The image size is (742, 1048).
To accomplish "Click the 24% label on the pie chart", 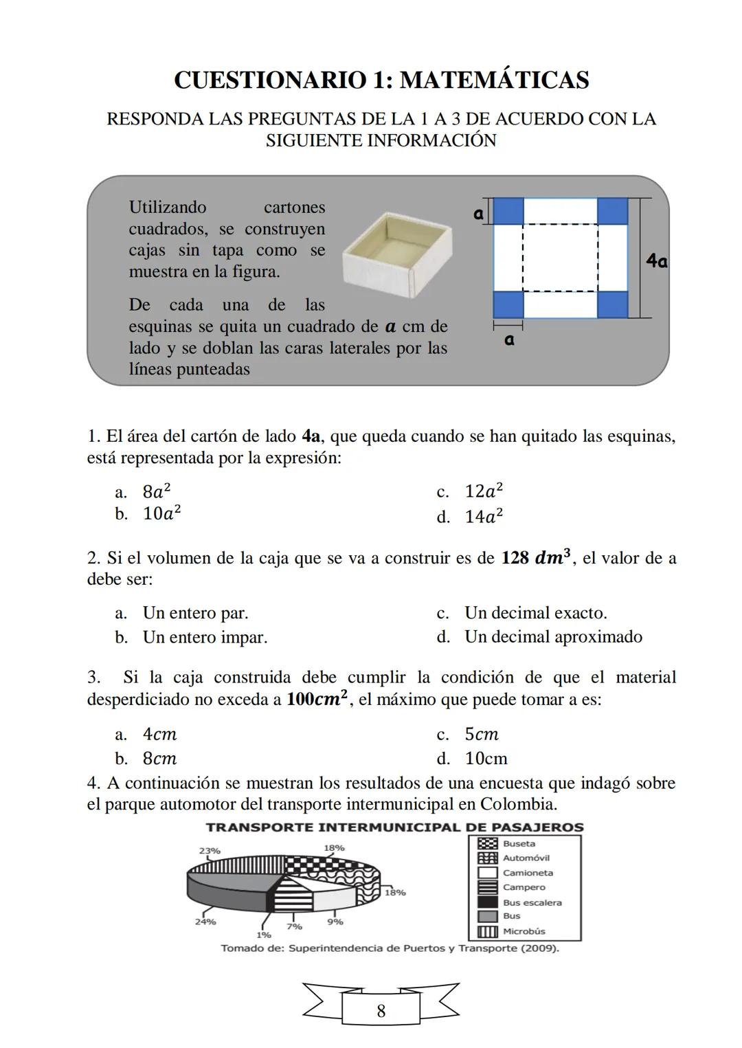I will click(x=205, y=922).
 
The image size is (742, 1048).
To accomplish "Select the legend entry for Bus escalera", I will click(x=532, y=902).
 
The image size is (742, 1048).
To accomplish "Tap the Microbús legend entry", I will click(x=524, y=931).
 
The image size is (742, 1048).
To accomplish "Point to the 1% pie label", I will click(x=263, y=935).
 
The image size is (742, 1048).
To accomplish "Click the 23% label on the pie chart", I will click(x=210, y=851).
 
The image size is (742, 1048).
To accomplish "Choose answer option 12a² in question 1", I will click(x=484, y=491).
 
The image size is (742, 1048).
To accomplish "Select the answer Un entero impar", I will click(x=205, y=637).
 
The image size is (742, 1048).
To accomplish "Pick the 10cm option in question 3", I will click(x=486, y=759).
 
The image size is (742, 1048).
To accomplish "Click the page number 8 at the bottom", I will click(x=381, y=1011).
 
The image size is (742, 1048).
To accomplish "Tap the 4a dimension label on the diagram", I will click(x=657, y=261).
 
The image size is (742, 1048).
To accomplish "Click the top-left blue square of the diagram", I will click(x=508, y=211).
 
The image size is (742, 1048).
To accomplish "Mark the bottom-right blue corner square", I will click(x=612, y=304).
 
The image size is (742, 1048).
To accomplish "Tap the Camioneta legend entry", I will click(x=527, y=873).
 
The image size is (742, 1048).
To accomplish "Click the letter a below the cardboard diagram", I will click(x=508, y=339).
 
